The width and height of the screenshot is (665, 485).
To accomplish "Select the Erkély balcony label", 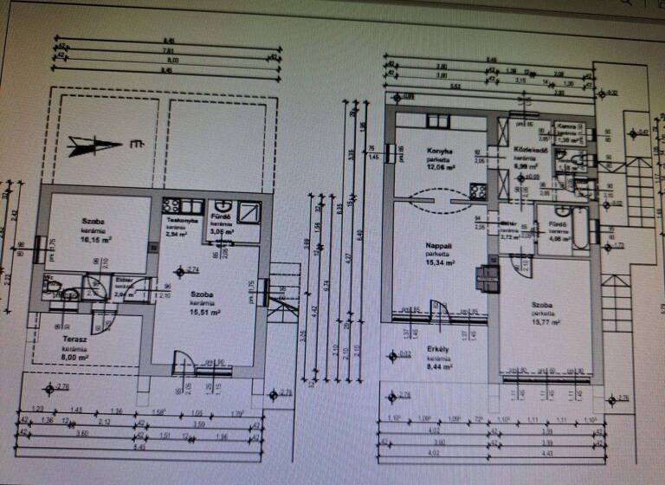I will (x=437, y=350).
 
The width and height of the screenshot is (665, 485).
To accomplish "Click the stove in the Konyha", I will (x=475, y=189).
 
